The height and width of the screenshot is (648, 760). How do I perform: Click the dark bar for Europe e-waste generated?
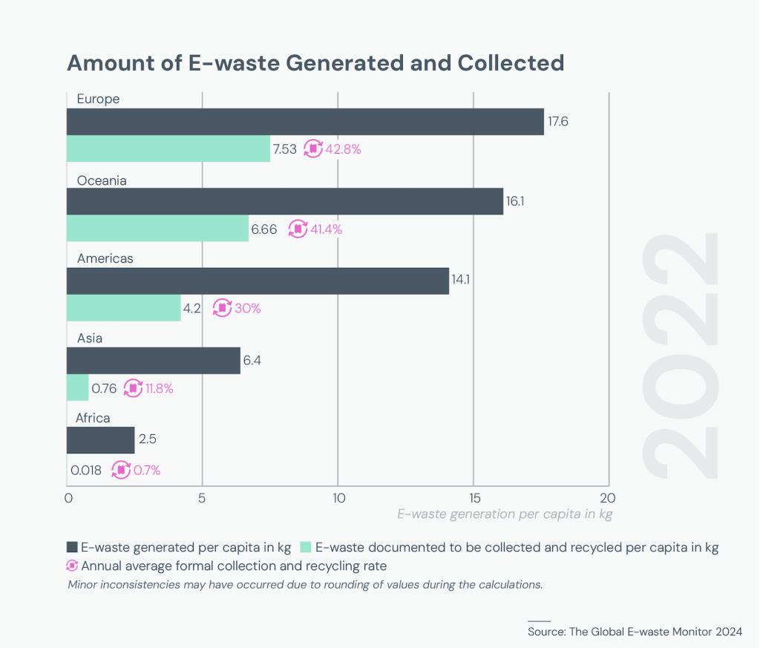(x=305, y=122)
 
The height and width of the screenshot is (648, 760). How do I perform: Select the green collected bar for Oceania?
(x=157, y=229)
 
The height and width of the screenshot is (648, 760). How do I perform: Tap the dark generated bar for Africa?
(x=100, y=439)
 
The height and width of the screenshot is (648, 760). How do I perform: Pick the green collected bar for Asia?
(x=77, y=387)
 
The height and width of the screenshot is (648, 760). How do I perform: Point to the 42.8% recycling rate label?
(x=343, y=148)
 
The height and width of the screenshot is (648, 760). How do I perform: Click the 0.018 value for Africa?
(x=87, y=470)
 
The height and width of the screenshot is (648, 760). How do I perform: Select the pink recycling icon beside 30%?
(x=222, y=308)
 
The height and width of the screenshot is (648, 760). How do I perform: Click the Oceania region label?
(x=102, y=180)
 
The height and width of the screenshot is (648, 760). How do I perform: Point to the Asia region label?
(x=90, y=338)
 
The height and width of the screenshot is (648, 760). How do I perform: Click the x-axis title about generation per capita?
(x=505, y=514)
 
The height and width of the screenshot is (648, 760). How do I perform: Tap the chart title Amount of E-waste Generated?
(x=315, y=63)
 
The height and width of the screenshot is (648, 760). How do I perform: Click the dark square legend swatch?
(x=72, y=548)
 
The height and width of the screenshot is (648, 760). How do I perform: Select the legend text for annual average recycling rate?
(x=234, y=566)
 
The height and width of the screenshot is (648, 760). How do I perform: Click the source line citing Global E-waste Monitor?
(x=635, y=632)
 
